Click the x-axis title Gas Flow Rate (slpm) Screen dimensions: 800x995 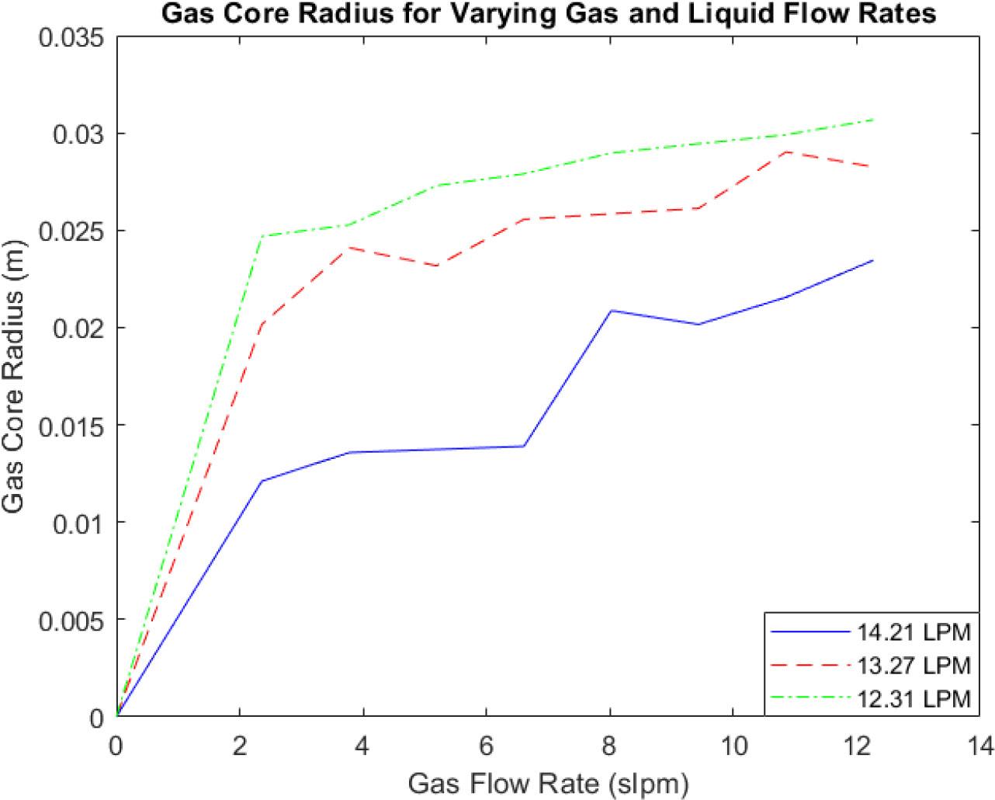tap(548, 782)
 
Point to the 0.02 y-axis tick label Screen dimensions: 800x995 tap(76, 328)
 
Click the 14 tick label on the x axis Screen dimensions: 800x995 tap(979, 746)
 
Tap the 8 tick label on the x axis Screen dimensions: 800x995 tap(609, 746)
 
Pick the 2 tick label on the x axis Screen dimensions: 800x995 tap(240, 746)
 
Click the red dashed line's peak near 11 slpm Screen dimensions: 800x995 tap(787, 151)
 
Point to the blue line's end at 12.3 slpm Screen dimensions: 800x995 tap(873, 261)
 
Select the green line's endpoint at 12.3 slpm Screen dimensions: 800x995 tap(873, 120)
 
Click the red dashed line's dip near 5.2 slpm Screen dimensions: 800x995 tap(438, 266)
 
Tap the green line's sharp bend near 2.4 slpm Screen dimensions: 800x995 tap(262, 236)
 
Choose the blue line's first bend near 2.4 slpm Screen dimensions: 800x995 tap(262, 482)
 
